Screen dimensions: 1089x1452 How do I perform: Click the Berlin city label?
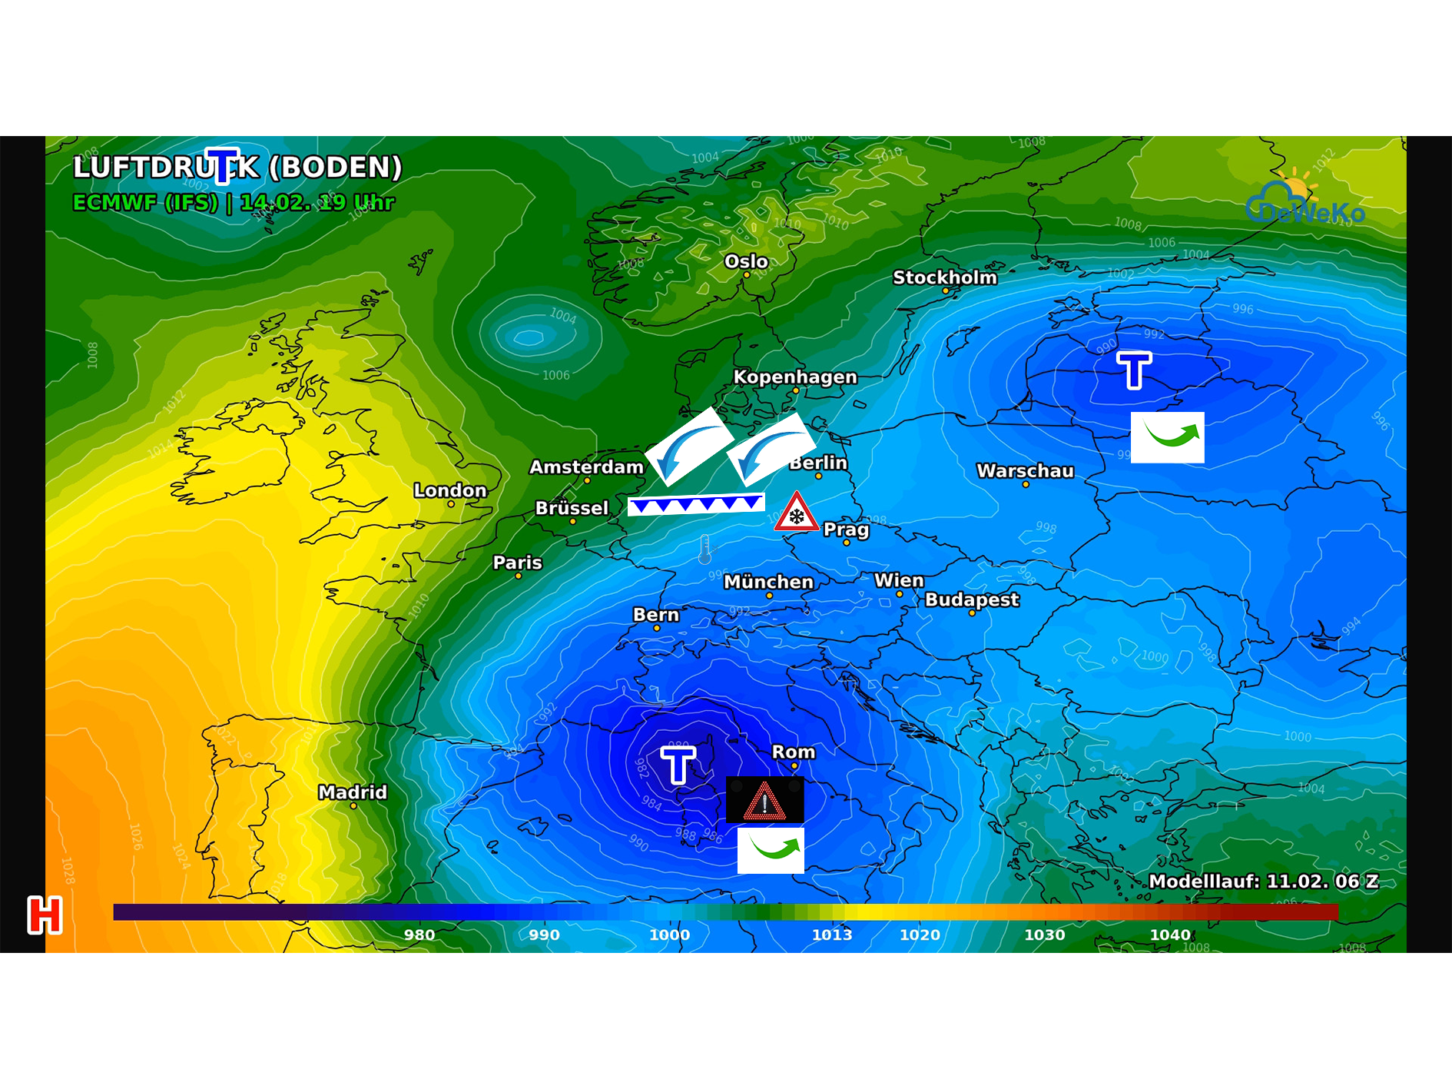pos(818,463)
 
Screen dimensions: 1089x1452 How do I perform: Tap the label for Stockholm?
pos(944,277)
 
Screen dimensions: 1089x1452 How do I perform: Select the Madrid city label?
pos(353,792)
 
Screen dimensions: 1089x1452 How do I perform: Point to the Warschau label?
pos(1025,471)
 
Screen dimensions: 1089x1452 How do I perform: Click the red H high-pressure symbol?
pos(45,915)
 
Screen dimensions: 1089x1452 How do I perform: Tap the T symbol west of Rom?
pos(678,765)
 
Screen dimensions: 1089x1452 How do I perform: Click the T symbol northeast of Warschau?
pos(1134,370)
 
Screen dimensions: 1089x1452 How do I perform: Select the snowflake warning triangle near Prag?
pos(797,513)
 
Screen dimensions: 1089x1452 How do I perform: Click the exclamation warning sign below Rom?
pos(765,800)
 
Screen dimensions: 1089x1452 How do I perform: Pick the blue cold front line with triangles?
pos(696,504)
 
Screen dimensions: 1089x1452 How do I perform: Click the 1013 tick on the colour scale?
pos(832,935)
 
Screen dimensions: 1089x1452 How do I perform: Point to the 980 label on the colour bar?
pos(419,935)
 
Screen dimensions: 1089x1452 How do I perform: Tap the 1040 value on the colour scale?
pos(1170,935)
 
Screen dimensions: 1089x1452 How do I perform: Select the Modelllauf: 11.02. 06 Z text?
pos(1263,881)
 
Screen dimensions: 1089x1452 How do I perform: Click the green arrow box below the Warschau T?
pos(1167,437)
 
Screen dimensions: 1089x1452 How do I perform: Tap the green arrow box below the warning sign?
pos(771,850)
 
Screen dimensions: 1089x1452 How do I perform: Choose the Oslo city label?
pos(746,261)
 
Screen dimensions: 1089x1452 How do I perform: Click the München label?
pos(768,583)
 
